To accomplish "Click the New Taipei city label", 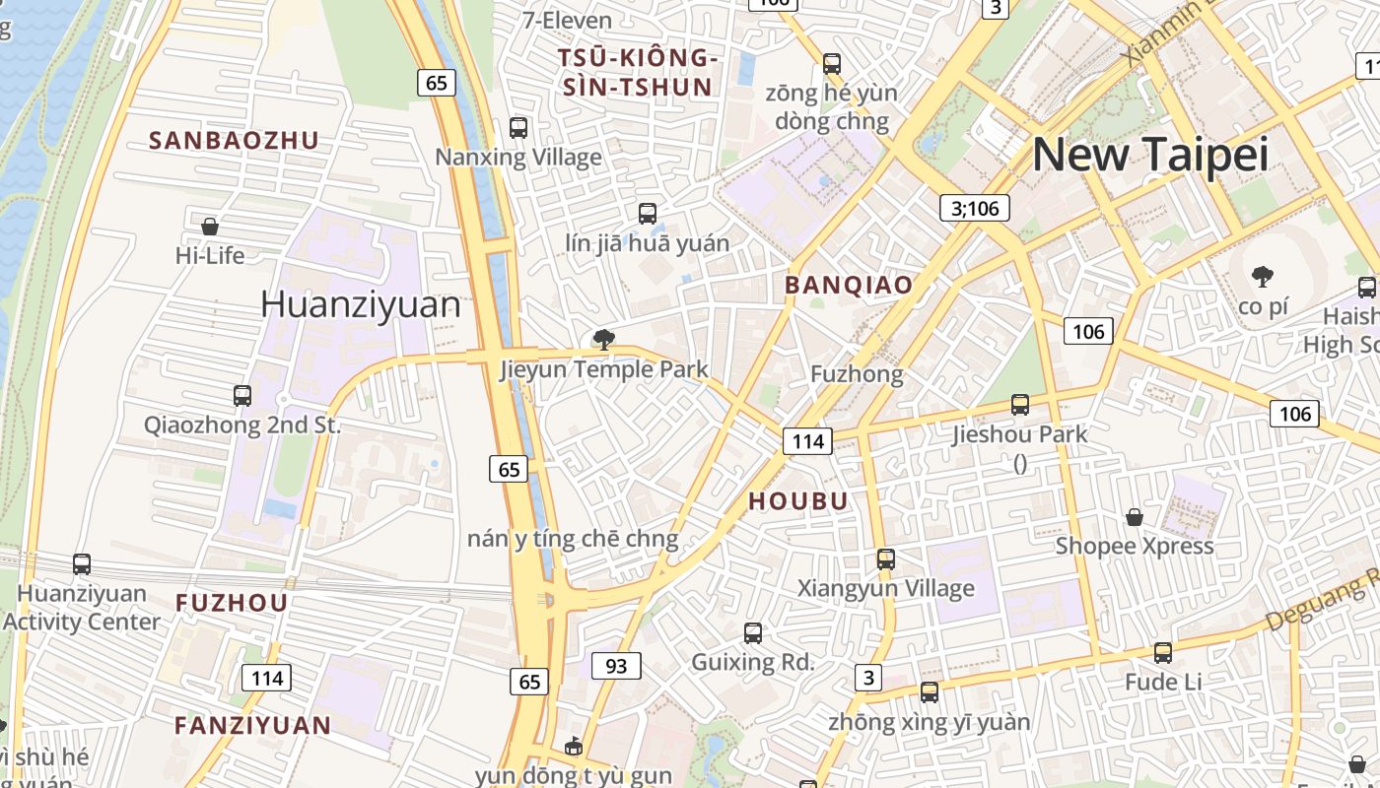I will [x=1149, y=155].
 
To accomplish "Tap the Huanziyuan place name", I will [x=360, y=304].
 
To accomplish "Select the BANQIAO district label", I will [x=848, y=286].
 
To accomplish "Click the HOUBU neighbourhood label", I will [x=797, y=500].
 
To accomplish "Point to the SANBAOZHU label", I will [x=234, y=140].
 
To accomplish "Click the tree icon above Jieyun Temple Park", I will [x=603, y=341].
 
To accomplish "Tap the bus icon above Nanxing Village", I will [x=518, y=128].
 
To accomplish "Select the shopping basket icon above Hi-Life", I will [x=210, y=227].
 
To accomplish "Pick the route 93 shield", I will [x=616, y=667].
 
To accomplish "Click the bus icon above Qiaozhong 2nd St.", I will [x=242, y=396].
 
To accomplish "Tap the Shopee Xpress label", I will [x=1134, y=546].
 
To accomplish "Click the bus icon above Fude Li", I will [x=1163, y=653].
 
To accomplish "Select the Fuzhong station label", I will [x=856, y=374].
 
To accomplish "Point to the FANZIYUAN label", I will [x=252, y=726].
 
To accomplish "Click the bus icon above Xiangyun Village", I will [x=885, y=559].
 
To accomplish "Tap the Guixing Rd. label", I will [x=752, y=662].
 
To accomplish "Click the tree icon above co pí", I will [x=1262, y=277].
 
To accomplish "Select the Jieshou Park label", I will [x=1019, y=434].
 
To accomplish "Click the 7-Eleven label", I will [x=567, y=20].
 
